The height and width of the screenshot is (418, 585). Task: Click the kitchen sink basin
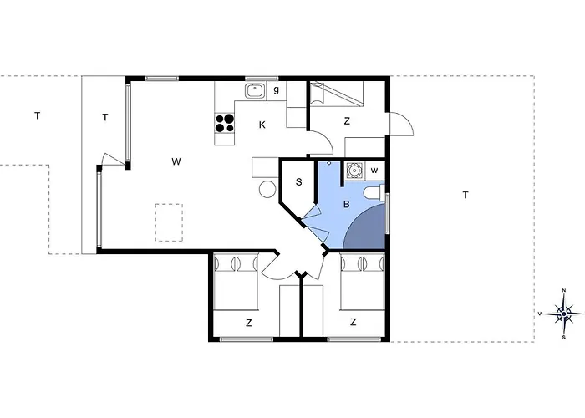(x=255, y=90)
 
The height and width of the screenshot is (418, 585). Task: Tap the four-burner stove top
(x=225, y=124)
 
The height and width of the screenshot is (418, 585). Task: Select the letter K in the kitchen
(x=262, y=125)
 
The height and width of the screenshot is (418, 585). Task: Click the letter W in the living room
(x=176, y=161)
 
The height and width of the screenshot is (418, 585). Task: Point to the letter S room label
(x=299, y=182)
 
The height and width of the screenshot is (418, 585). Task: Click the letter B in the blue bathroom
(x=347, y=205)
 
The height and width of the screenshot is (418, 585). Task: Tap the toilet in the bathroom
(x=374, y=192)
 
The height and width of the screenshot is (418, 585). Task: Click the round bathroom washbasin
(x=354, y=171)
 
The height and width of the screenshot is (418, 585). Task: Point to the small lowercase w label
(x=374, y=171)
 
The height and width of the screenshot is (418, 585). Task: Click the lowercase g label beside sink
(x=277, y=90)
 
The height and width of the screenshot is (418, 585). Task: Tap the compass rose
(x=564, y=313)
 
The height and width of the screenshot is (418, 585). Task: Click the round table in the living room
(x=267, y=189)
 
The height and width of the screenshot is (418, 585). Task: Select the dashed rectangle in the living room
(x=169, y=222)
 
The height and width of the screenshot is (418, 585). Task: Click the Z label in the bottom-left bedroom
(x=249, y=323)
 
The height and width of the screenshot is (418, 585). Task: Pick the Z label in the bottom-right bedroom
(x=353, y=322)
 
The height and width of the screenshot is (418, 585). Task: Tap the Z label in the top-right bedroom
(x=347, y=121)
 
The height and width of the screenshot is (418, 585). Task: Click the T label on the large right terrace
(x=465, y=195)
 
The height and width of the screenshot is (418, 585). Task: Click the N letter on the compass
(x=564, y=290)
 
